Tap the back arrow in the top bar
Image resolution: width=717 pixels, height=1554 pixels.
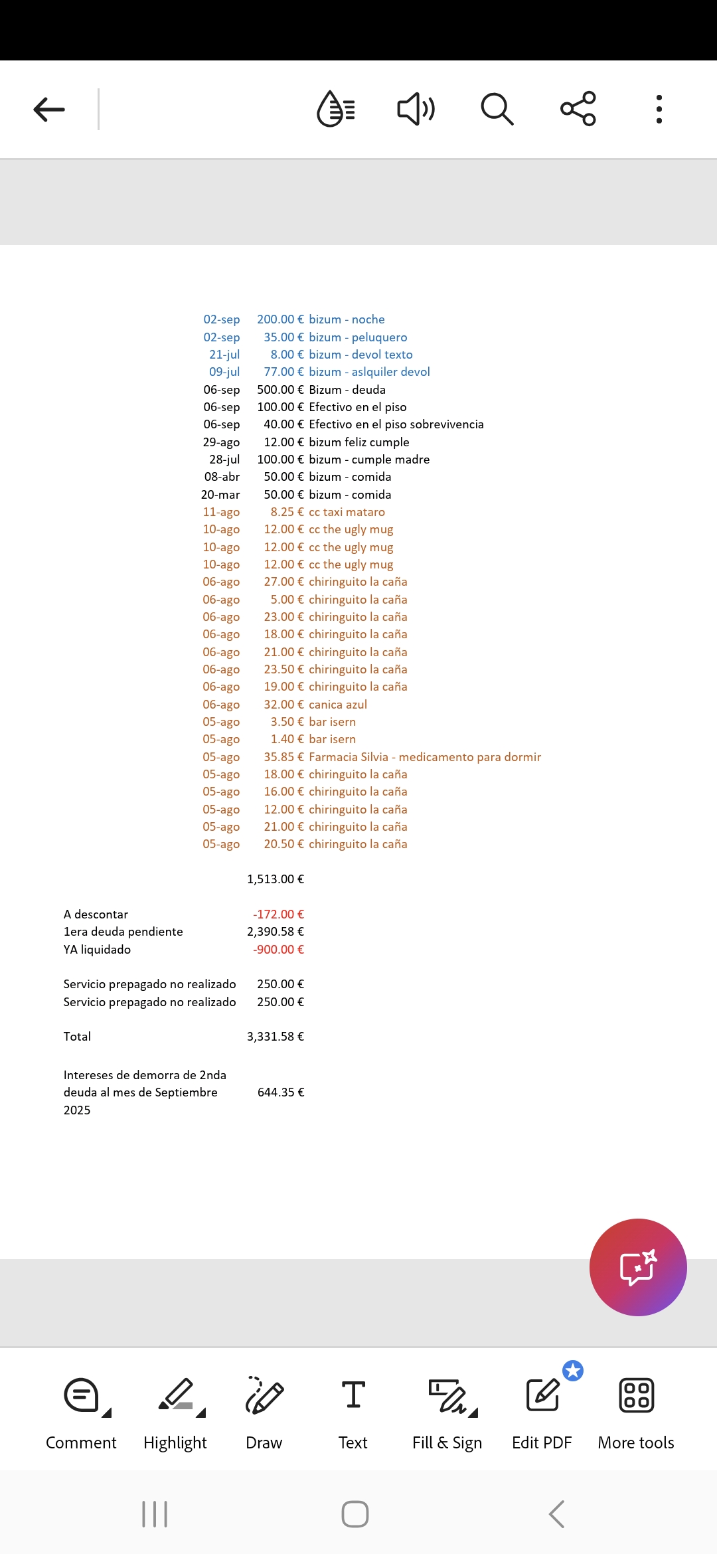[49, 110]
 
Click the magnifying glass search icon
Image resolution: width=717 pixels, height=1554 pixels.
[497, 110]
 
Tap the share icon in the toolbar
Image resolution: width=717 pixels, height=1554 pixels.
[578, 109]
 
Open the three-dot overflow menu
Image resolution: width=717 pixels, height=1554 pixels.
[659, 110]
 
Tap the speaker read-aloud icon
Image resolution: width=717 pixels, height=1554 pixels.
[416, 110]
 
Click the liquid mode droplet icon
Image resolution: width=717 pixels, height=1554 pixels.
[336, 110]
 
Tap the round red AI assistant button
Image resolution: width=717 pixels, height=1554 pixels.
[638, 1267]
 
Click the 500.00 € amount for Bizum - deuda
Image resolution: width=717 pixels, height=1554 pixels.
[280, 390]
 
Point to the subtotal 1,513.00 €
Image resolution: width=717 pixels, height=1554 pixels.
[276, 879]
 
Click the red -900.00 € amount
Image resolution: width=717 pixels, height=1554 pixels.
[278, 950]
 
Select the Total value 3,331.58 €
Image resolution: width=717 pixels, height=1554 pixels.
[276, 1037]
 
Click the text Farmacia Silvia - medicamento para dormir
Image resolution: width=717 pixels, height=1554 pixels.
[425, 757]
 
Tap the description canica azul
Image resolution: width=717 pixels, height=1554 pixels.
[338, 705]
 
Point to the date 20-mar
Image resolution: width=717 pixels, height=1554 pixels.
[220, 495]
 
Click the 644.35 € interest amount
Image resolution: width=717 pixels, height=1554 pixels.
[281, 1092]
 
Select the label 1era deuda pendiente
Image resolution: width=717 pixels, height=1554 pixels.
[123, 932]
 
